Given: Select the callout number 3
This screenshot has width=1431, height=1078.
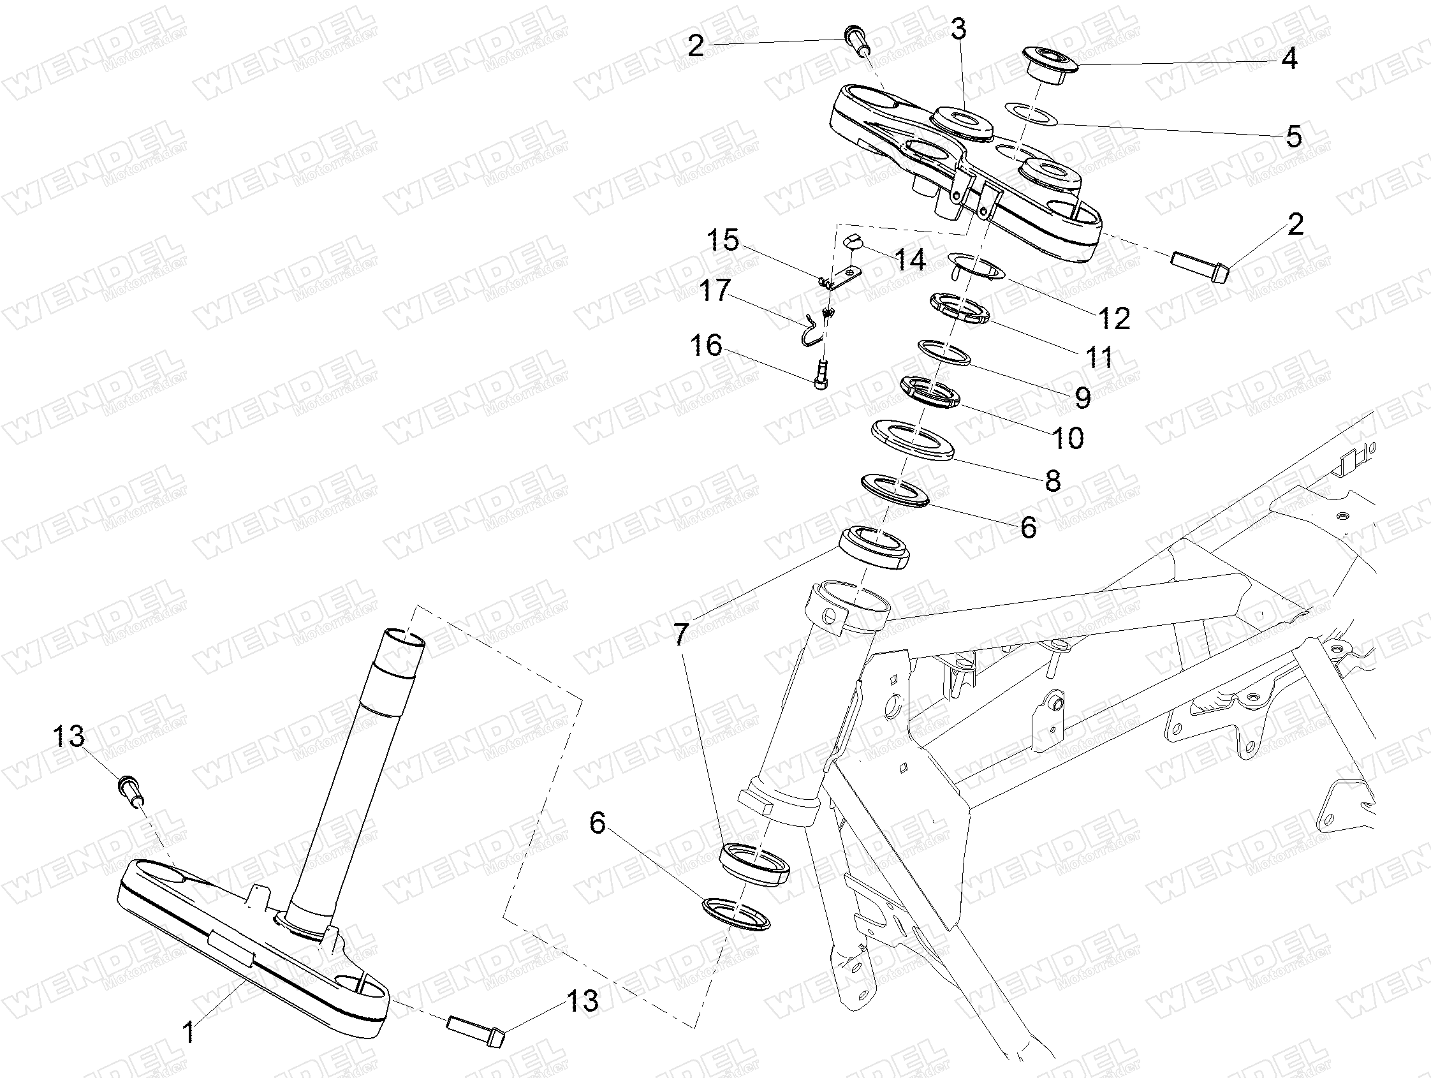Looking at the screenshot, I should (958, 29).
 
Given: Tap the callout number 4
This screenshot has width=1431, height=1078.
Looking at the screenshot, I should (1289, 59).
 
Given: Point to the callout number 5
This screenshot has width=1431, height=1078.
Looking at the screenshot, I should (1294, 137).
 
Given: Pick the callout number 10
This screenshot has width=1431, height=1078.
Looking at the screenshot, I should (1068, 438).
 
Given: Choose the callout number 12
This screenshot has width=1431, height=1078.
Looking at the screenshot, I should (1114, 318).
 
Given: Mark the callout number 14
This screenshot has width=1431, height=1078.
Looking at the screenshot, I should (909, 260).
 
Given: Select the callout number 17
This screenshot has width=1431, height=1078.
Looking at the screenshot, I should (715, 290).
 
